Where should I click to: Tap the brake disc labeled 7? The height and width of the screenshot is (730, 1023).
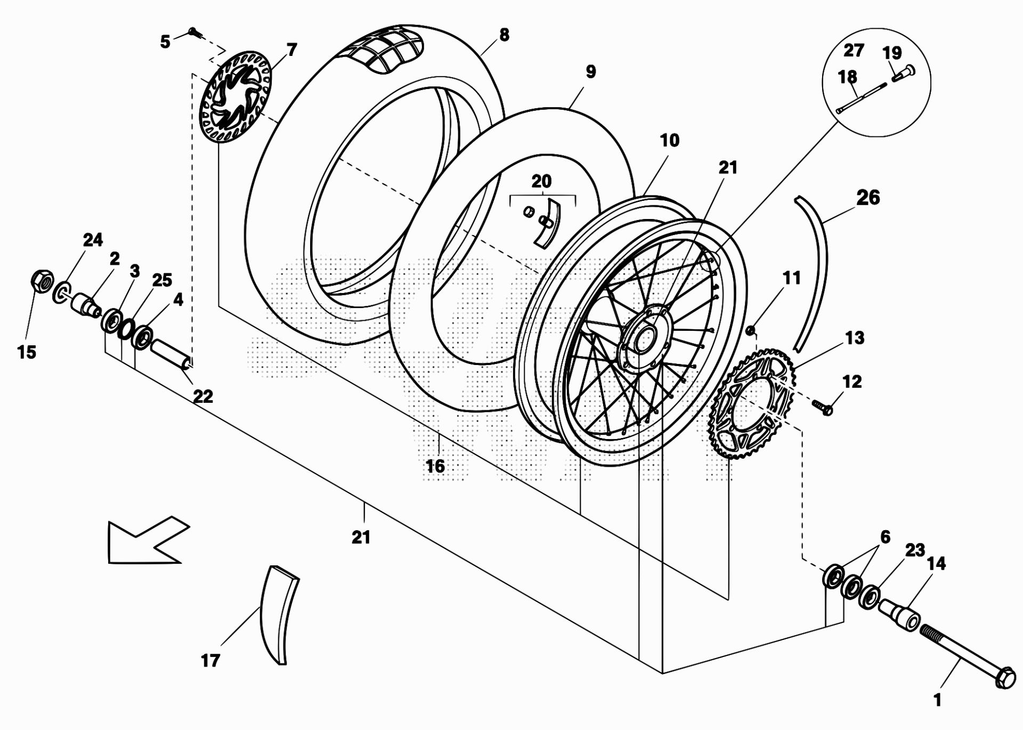tap(236, 96)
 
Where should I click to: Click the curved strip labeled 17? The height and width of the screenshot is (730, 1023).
tap(279, 614)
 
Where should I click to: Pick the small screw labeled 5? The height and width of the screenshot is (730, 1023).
tap(195, 33)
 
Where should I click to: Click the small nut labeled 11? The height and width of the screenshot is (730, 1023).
tap(750, 331)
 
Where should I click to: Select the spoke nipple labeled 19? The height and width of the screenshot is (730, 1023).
tap(902, 74)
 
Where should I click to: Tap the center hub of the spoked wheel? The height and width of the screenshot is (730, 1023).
tap(645, 337)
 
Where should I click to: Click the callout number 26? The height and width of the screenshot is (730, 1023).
tap(868, 197)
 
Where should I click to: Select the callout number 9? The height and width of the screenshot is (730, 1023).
tap(590, 71)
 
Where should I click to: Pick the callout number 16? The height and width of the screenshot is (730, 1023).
tap(435, 466)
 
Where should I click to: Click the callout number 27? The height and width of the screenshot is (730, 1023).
tap(854, 51)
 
